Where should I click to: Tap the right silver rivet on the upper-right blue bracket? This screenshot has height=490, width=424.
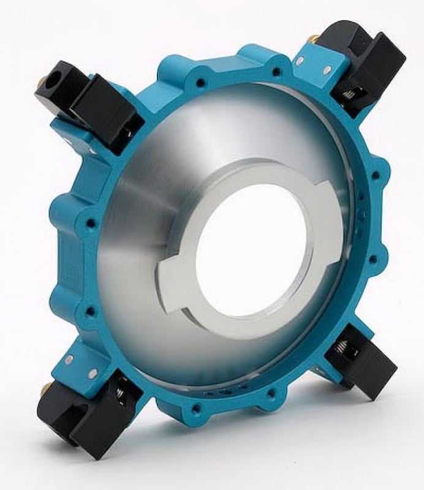pos(327,70)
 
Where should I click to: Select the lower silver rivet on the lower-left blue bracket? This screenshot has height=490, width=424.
pos(92,374)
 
